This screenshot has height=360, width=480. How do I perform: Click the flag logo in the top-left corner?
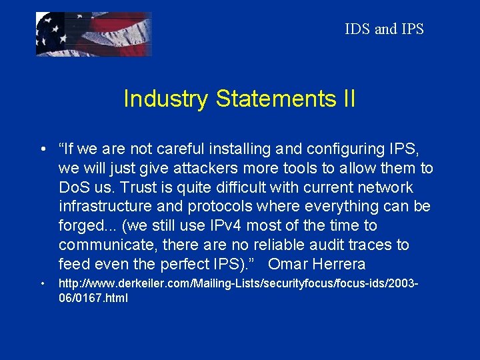click(93, 34)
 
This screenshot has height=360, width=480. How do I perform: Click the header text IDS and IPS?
click(384, 29)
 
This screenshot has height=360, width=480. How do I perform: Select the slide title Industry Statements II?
click(239, 99)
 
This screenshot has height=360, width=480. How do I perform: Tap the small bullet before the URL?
click(42, 285)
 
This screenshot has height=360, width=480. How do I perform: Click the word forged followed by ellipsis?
click(84, 225)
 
